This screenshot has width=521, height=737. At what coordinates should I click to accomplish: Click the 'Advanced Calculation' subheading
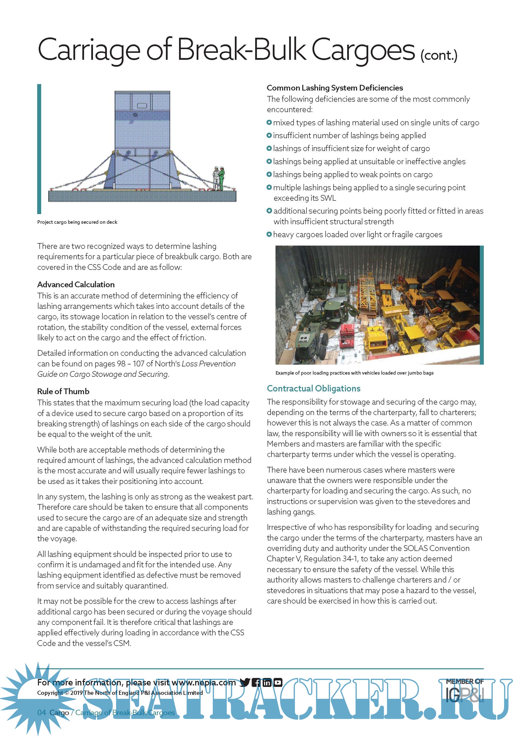[76, 284]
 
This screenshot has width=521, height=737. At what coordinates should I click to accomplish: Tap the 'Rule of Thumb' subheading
[63, 391]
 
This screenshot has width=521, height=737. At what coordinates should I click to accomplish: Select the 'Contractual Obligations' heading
[313, 388]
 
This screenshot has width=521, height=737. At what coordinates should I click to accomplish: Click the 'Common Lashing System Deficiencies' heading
[335, 88]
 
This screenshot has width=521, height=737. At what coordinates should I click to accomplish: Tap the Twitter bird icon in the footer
[245, 682]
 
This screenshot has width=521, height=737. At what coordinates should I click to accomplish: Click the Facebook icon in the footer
[256, 682]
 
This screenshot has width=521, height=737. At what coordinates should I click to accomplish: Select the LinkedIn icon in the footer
[267, 682]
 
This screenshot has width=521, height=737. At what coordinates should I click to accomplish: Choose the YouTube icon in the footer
[278, 682]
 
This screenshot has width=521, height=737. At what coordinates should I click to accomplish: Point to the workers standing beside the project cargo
[219, 178]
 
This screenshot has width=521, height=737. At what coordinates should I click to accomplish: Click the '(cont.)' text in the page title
[439, 56]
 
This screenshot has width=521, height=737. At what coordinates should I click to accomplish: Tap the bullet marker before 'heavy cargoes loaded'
[269, 234]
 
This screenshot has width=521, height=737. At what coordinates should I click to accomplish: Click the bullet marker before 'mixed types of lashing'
[269, 122]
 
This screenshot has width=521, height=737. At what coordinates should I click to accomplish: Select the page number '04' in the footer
[42, 713]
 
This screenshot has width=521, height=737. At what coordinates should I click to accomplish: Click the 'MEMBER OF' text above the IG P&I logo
[464, 681]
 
